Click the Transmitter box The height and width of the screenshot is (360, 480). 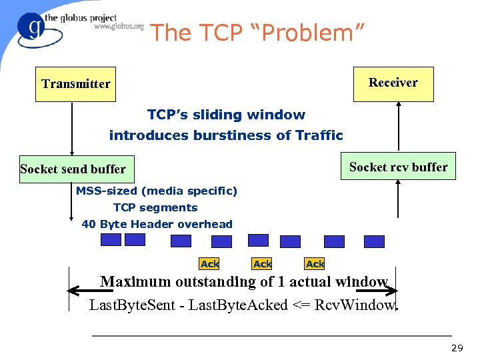pyautogui.click(x=75, y=84)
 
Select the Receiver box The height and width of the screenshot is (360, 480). pyautogui.click(x=393, y=83)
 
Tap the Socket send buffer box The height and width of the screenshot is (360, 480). pyautogui.click(x=73, y=169)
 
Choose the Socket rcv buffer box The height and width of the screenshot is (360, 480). pyautogui.click(x=398, y=167)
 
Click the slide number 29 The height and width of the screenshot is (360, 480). pyautogui.click(x=457, y=348)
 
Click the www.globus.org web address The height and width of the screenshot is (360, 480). pyautogui.click(x=119, y=27)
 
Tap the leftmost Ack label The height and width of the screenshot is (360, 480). pyautogui.click(x=209, y=264)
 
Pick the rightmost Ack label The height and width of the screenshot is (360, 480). pyautogui.click(x=315, y=264)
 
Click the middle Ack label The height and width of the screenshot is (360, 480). pyautogui.click(x=262, y=264)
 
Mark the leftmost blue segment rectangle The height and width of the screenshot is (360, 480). pyautogui.click(x=111, y=239)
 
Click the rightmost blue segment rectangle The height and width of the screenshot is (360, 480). pyautogui.click(x=374, y=241)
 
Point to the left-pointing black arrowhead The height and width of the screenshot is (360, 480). pyautogui.click(x=74, y=291)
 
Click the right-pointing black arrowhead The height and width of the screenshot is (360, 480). pyautogui.click(x=391, y=291)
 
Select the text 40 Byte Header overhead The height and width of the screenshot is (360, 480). pyautogui.click(x=157, y=224)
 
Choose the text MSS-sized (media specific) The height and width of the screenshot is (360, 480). pyautogui.click(x=156, y=191)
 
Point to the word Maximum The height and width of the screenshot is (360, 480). pyautogui.click(x=135, y=281)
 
